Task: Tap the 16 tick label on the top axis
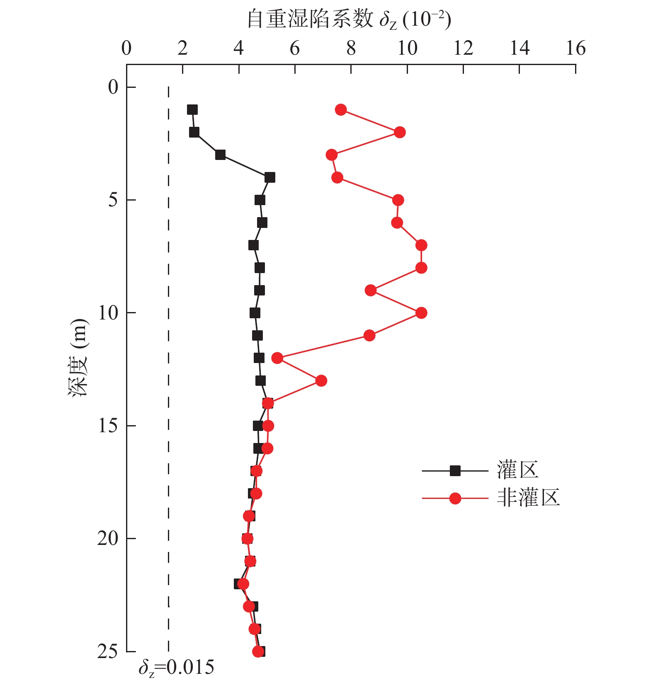coord(575,48)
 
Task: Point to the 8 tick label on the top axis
coord(351,48)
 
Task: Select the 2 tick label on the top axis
coord(182,48)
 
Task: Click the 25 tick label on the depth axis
coord(107,651)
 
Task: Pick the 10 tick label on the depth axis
coord(107,312)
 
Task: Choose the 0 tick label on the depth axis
coord(113,87)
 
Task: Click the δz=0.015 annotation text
coord(176,668)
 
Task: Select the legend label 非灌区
coord(528,498)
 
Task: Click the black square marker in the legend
coord(455,471)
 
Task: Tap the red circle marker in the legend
coord(455,498)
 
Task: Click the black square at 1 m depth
coord(192,110)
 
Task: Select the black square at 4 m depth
coord(269,177)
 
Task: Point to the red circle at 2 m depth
coord(399,132)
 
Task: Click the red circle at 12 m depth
coord(277,358)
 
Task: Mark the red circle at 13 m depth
coord(321,380)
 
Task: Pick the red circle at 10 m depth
coord(421,313)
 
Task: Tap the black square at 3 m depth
coord(220,155)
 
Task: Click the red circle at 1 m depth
coord(340,110)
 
